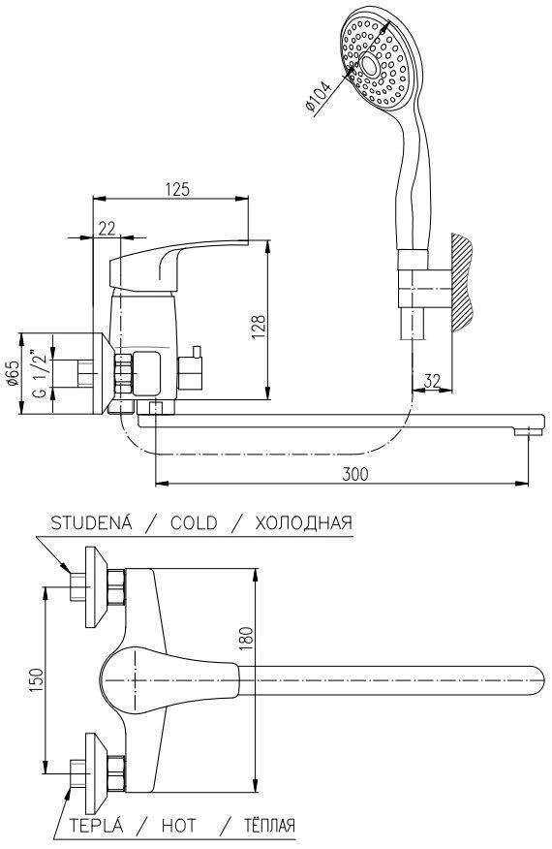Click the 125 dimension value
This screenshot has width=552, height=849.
(x=177, y=189)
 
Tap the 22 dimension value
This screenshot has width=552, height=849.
(x=107, y=229)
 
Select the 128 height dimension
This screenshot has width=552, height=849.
(x=259, y=327)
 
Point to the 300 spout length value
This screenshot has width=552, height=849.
(x=355, y=474)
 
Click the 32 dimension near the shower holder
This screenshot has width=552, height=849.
(x=431, y=381)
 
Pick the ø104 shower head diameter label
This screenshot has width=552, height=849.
(x=319, y=96)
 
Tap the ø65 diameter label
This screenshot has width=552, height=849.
(x=13, y=374)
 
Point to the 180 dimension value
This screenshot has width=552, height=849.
(x=246, y=639)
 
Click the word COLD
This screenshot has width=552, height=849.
(x=194, y=523)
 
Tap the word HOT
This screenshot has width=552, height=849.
(x=178, y=826)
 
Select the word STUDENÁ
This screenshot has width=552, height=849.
(x=91, y=522)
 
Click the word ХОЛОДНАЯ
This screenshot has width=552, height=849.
(x=303, y=523)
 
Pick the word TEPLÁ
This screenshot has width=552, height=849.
(x=96, y=825)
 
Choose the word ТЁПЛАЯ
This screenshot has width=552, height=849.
(x=269, y=825)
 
